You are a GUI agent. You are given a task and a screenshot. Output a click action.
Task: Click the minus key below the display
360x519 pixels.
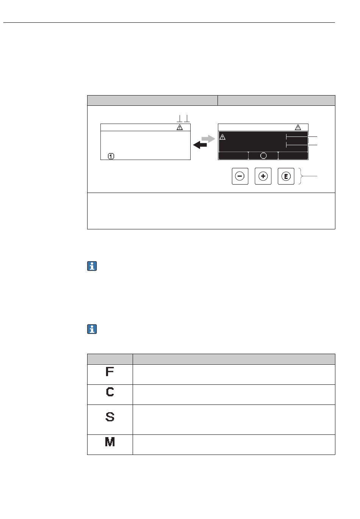(240, 176)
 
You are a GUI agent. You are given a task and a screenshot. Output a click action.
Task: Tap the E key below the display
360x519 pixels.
(286, 176)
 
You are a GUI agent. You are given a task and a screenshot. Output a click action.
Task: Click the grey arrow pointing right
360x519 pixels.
(208, 139)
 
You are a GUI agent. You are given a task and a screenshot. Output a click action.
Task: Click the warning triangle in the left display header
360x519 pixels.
(180, 127)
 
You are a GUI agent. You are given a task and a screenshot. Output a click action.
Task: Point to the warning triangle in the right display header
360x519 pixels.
(298, 127)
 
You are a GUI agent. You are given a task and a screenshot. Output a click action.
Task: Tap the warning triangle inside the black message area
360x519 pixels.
(223, 136)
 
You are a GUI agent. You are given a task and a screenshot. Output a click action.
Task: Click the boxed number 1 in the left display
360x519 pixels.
(111, 156)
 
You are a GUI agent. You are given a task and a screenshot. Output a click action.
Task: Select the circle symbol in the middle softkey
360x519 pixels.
(263, 156)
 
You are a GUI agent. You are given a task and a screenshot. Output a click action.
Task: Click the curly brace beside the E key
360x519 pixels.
(302, 176)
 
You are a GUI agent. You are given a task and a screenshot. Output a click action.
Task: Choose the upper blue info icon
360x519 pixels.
(92, 267)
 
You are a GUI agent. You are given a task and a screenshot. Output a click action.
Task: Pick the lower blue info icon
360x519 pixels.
(92, 329)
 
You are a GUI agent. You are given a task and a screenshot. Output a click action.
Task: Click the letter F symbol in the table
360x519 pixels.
(110, 372)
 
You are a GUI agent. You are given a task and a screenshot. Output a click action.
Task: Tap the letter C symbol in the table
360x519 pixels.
(110, 392)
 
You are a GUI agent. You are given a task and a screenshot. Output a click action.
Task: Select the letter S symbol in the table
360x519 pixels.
(110, 417)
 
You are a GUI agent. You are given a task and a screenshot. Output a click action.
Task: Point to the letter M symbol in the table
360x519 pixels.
(110, 442)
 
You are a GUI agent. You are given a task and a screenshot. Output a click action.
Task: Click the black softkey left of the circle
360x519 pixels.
(233, 156)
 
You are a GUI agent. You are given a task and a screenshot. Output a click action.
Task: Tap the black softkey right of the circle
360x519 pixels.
(293, 156)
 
